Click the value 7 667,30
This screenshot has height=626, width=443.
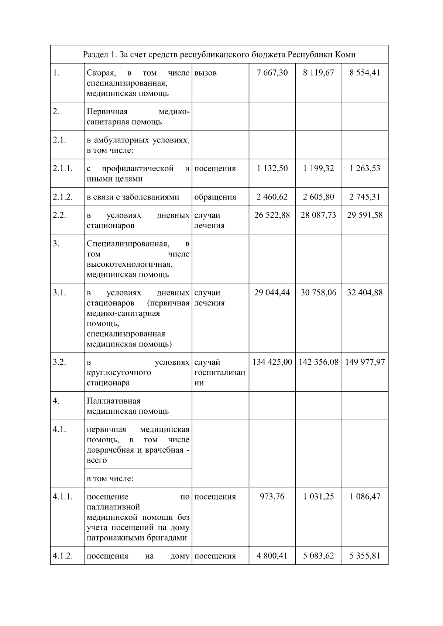[272, 73]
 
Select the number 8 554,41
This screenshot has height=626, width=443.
[365, 73]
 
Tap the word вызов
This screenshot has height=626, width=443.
[206, 73]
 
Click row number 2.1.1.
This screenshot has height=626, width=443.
[63, 169]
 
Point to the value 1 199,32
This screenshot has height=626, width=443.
[318, 169]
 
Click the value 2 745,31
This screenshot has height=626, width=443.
[365, 197]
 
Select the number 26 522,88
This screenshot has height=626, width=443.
[272, 215]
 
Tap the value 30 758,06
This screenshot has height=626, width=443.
[318, 293]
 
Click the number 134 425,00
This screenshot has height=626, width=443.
[272, 362]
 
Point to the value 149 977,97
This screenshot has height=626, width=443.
[365, 362]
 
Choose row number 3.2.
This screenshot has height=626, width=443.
[59, 362]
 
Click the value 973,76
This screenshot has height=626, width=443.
[272, 497]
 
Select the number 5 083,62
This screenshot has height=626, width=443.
[318, 556]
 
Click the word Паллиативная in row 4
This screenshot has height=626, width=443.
[113, 401]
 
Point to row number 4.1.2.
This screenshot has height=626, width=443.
[63, 556]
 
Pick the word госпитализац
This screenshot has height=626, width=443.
[220, 373]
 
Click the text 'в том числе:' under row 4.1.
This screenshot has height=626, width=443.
[110, 479]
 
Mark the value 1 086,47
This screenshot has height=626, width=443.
[365, 497]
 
